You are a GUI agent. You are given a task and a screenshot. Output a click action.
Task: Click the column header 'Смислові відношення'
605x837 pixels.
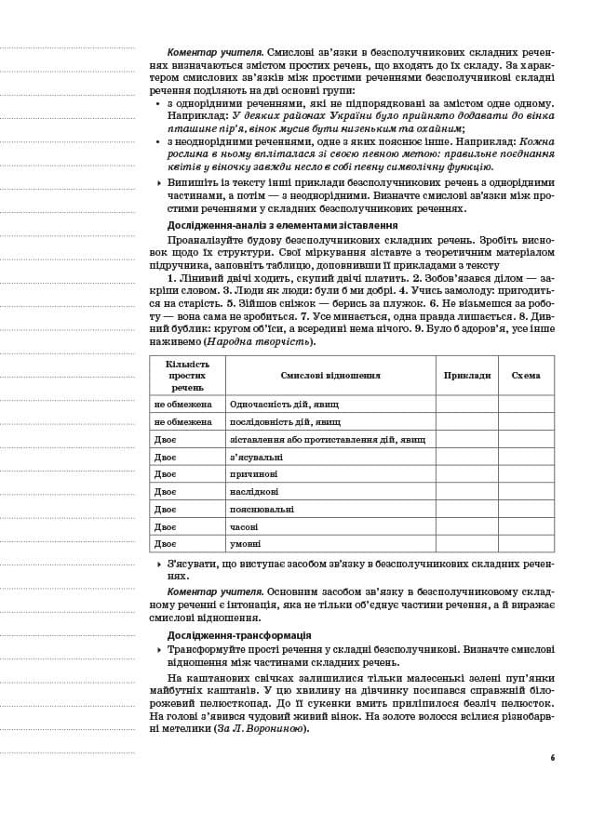point(329,375)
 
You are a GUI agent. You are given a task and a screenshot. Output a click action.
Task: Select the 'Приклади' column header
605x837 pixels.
point(466,375)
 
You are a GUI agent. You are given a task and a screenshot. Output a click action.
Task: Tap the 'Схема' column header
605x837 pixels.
point(525,375)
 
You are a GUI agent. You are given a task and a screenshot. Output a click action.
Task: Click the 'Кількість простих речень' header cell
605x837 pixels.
point(187,375)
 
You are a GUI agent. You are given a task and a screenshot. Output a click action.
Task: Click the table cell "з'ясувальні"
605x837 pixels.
point(256,457)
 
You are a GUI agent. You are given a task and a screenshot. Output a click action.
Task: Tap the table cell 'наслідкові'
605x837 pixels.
point(254,491)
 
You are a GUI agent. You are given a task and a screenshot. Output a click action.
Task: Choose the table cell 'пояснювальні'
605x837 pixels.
point(262,509)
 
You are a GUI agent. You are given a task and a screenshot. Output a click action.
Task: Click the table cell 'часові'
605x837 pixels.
point(244,526)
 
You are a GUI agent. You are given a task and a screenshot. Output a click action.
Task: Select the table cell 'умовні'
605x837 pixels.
point(245,543)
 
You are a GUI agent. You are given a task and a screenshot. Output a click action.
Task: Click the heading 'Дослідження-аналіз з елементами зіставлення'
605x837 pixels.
point(282,225)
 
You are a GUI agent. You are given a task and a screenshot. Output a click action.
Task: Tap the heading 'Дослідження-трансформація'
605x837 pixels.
point(239,635)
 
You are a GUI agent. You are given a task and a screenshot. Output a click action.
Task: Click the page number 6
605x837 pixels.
point(552,758)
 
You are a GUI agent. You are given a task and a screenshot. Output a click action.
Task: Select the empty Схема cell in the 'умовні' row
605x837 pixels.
point(525,543)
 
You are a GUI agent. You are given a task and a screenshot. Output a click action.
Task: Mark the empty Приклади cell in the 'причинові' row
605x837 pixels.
point(466,473)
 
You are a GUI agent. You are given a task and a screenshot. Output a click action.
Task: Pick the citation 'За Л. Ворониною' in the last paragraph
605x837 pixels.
point(261,728)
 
